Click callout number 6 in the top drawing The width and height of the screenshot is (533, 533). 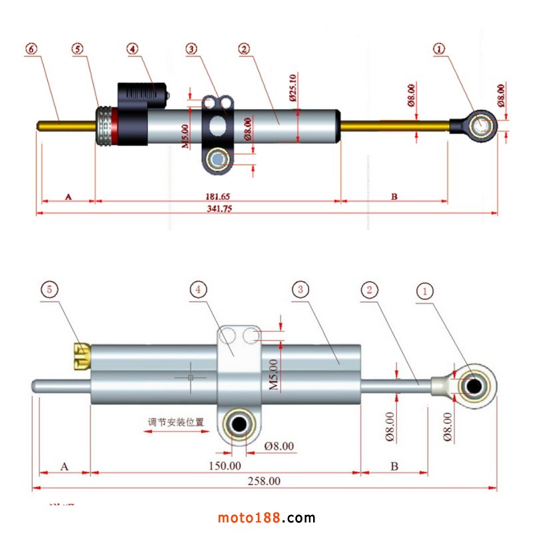tap(31, 49)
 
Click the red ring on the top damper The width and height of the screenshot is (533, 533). tap(115, 126)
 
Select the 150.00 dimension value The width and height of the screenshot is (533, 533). tap(226, 466)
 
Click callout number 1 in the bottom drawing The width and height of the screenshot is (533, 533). tap(425, 290)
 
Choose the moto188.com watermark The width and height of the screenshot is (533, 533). tap(266, 518)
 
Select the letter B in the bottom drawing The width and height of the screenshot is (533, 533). tap(394, 466)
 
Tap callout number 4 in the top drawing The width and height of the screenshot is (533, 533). tap(133, 49)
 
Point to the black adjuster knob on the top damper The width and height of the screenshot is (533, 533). tap(141, 94)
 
